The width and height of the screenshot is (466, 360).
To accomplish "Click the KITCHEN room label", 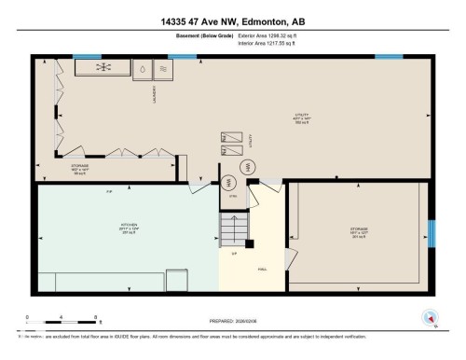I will click(x=129, y=227).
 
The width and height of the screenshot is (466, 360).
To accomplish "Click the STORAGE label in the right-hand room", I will click(x=358, y=231).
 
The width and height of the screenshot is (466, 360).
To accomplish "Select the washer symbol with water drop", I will click(x=143, y=69).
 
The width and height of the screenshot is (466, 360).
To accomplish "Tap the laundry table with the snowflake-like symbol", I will click(x=104, y=69).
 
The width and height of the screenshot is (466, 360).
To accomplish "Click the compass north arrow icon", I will click(x=428, y=317).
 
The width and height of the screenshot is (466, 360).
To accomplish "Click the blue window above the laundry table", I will click(x=88, y=56).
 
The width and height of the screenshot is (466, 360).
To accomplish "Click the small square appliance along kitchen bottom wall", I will click(x=48, y=280).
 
